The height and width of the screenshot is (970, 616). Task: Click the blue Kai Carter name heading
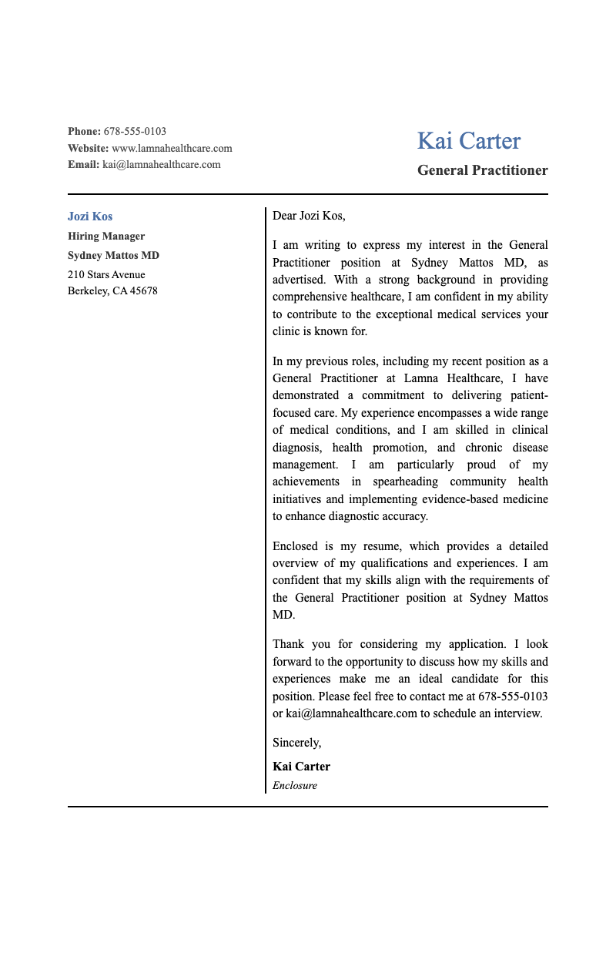click(468, 141)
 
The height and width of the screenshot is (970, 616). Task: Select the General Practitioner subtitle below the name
click(482, 170)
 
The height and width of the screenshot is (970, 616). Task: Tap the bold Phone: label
click(84, 132)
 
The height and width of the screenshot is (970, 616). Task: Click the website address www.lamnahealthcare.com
click(172, 148)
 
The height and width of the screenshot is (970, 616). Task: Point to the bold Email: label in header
click(83, 164)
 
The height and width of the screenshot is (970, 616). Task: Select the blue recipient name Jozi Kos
click(90, 216)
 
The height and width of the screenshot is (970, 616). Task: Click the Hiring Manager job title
click(106, 237)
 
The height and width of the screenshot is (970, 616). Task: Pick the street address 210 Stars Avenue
click(106, 275)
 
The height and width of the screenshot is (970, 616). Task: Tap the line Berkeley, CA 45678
click(112, 291)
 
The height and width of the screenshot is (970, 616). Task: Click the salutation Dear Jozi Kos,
click(309, 216)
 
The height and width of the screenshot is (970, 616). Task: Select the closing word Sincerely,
click(296, 743)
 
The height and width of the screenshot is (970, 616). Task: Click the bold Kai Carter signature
click(301, 767)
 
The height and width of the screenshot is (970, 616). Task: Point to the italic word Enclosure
click(295, 786)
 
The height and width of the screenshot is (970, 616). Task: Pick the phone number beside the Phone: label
click(135, 132)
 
